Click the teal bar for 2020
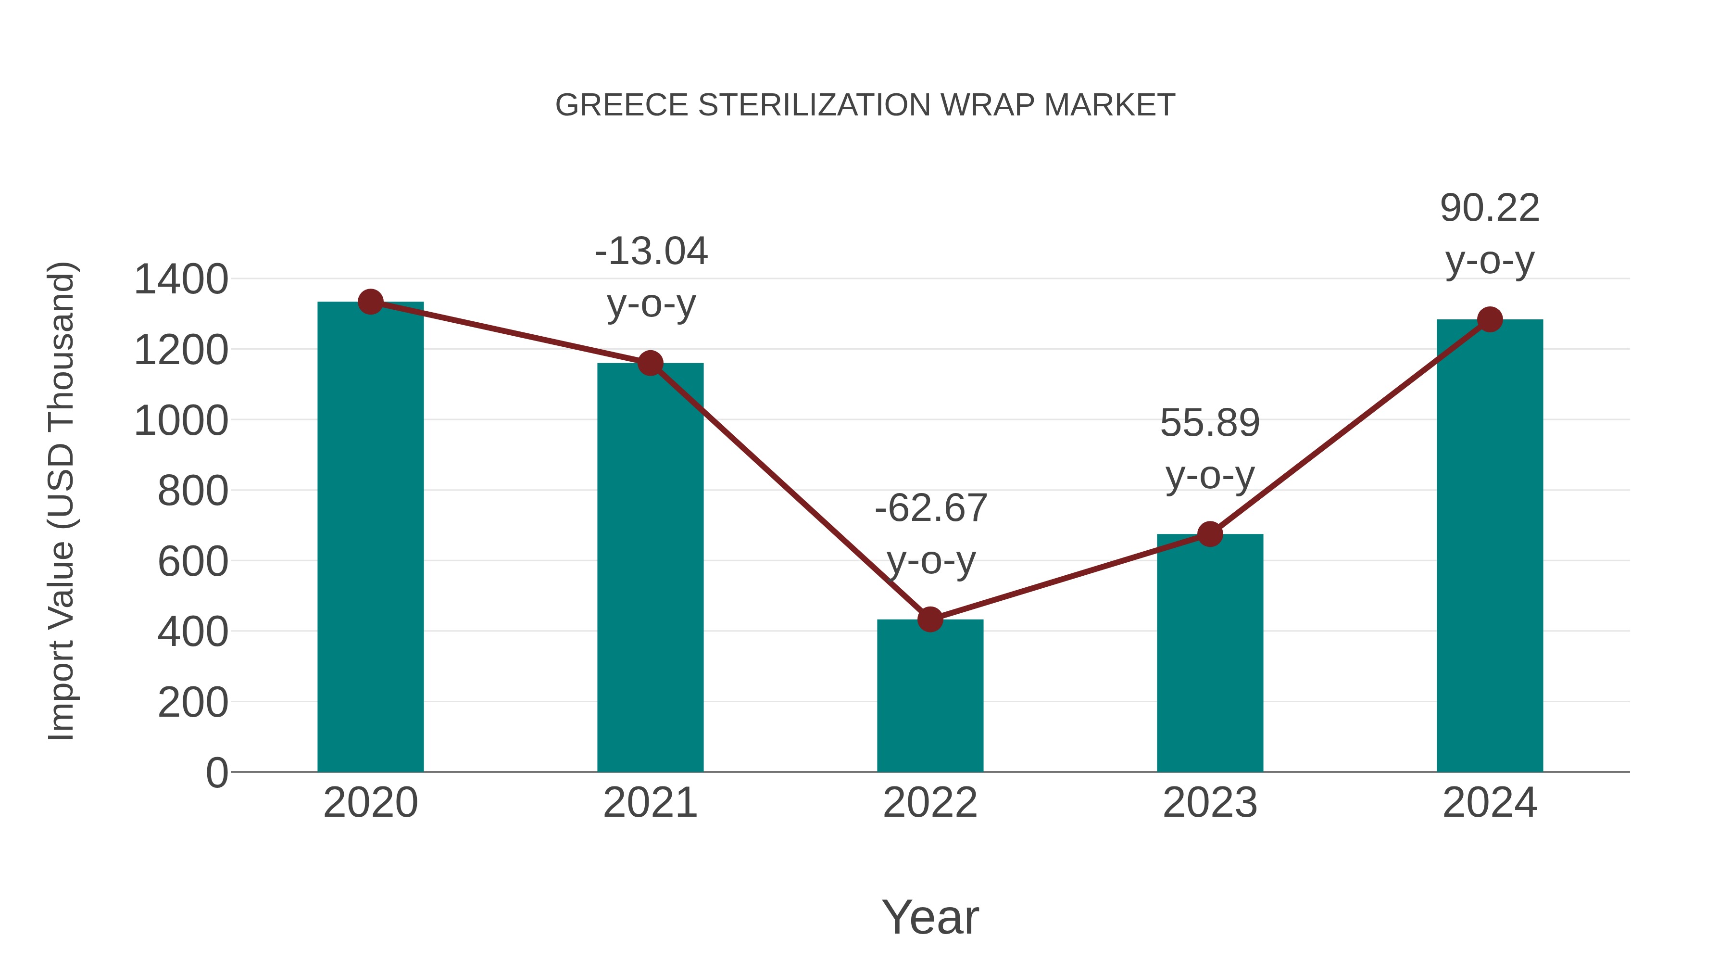tap(370, 538)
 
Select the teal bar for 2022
tap(930, 696)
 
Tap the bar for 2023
tap(1210, 653)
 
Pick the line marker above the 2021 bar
tap(650, 364)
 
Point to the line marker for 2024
tap(1490, 319)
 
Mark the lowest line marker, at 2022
tap(930, 619)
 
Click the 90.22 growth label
tap(1490, 208)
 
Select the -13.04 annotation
tap(651, 252)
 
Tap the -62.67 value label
tap(931, 508)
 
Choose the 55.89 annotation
tap(1210, 423)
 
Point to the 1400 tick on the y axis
tap(181, 279)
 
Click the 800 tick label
tap(193, 492)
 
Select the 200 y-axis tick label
tap(193, 703)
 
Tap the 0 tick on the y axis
tap(216, 773)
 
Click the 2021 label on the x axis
tap(650, 803)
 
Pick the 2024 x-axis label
tap(1490, 803)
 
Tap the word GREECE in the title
tap(622, 105)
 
